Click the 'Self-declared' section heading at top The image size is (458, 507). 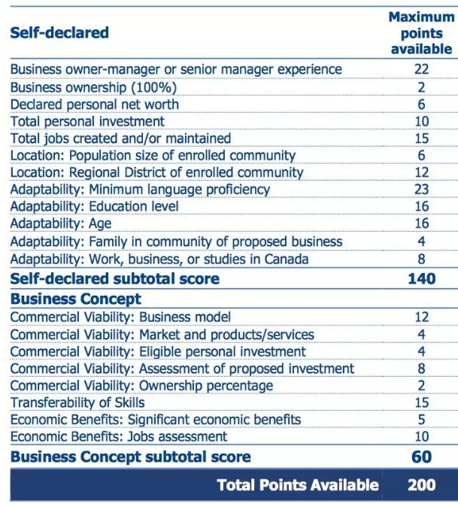pyautogui.click(x=59, y=32)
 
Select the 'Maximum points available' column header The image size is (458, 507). pyautogui.click(x=421, y=32)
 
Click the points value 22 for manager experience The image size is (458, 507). pyautogui.click(x=421, y=69)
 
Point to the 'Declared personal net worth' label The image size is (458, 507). pyautogui.click(x=95, y=104)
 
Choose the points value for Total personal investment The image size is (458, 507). pyautogui.click(x=421, y=121)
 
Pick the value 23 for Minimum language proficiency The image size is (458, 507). pyautogui.click(x=421, y=190)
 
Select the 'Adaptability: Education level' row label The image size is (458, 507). pyautogui.click(x=95, y=207)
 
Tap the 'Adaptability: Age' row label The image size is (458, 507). pyautogui.click(x=61, y=224)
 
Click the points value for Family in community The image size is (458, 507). pyautogui.click(x=421, y=241)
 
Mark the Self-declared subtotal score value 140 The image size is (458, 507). pyautogui.click(x=421, y=278)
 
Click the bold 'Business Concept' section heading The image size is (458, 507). pyautogui.click(x=75, y=299)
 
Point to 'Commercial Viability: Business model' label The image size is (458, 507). pyautogui.click(x=120, y=317)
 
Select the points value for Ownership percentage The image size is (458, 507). pyautogui.click(x=421, y=386)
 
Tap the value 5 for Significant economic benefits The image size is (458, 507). pyautogui.click(x=421, y=420)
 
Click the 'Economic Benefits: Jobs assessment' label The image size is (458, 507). pyautogui.click(x=119, y=436)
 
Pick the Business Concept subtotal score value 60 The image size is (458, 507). pyautogui.click(x=421, y=457)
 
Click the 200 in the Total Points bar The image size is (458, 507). pyautogui.click(x=421, y=485)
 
